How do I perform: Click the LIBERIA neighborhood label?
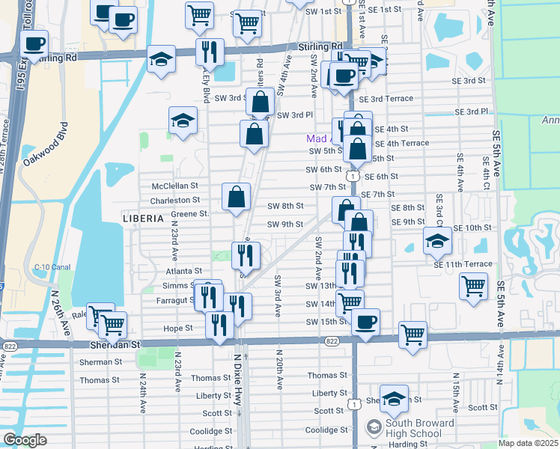click(x=142, y=218)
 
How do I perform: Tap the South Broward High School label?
click(x=419, y=429)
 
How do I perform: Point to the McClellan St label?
click(x=174, y=185)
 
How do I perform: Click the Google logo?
click(x=25, y=440)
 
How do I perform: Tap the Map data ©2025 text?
click(x=528, y=443)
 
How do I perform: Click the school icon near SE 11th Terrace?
click(x=436, y=240)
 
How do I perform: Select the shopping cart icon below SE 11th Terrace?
click(x=473, y=286)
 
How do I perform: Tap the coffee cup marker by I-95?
click(x=34, y=44)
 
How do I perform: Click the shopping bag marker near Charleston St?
click(x=236, y=198)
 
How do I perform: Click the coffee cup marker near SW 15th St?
click(x=365, y=322)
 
